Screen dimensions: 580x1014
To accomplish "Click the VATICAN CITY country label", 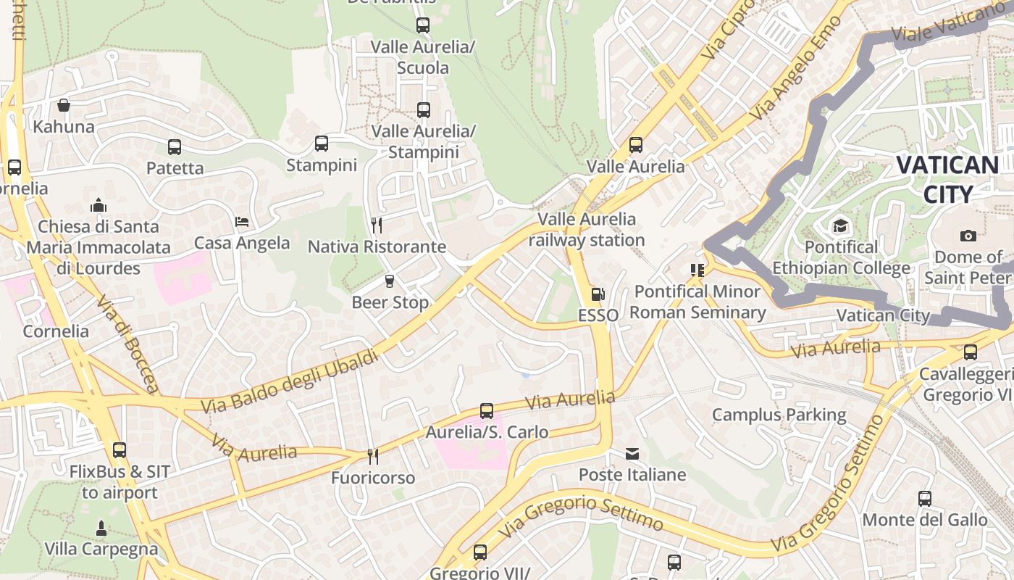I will click(x=947, y=179).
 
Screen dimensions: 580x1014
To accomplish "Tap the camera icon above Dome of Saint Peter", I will click(x=968, y=236).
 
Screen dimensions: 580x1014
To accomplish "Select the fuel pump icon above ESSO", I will click(x=598, y=294).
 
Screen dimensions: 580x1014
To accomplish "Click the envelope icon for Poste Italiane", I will click(x=632, y=454).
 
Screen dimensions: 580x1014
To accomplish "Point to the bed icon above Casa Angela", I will click(x=242, y=221).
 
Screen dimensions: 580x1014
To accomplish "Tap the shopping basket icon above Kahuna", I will click(x=64, y=105).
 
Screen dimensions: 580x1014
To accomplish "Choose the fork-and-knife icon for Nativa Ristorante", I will click(x=376, y=225).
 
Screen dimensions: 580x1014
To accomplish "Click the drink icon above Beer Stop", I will click(x=390, y=281).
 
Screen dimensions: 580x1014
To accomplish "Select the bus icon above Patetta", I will click(x=175, y=147).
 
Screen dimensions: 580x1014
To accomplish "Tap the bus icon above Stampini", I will click(x=322, y=144).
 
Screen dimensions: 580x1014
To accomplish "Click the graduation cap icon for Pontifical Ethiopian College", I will click(x=840, y=225).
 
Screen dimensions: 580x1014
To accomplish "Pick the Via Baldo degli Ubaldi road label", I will click(x=290, y=381).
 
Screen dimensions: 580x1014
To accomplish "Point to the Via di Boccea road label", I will click(x=127, y=345).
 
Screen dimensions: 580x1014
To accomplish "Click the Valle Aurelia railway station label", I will click(x=587, y=229).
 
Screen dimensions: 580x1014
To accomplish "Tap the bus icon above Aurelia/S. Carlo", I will click(x=487, y=411).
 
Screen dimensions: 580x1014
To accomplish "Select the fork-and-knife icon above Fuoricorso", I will click(x=373, y=456).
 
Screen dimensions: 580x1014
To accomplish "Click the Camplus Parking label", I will click(x=779, y=415).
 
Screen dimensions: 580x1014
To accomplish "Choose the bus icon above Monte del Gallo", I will click(x=925, y=499).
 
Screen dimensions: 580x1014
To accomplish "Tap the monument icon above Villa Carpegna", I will click(x=101, y=528).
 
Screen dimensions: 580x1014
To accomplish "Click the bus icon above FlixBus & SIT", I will click(x=120, y=450).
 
